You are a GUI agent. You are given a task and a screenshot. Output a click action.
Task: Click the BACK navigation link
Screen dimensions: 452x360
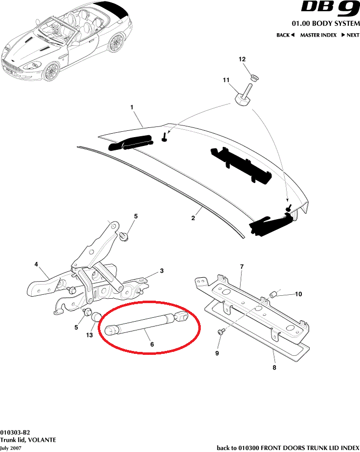(285, 35)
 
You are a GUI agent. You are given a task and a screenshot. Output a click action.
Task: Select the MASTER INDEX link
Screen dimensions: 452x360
(318, 35)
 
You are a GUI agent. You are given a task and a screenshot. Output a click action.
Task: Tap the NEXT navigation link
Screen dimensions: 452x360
(350, 35)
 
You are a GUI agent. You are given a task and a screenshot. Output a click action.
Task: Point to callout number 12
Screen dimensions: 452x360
(242, 59)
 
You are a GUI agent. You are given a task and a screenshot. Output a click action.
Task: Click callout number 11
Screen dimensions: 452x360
(226, 80)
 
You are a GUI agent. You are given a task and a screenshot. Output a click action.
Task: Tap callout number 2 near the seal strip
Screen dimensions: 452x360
(193, 218)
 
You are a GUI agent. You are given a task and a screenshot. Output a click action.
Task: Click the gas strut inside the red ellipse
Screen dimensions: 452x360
(147, 323)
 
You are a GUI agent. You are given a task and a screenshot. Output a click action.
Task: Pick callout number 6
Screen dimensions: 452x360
(152, 344)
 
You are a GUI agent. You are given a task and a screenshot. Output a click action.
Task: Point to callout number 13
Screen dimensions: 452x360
(89, 335)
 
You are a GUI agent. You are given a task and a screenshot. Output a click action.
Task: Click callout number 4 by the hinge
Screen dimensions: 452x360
(36, 265)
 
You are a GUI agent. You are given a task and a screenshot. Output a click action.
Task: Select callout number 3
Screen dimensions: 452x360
(162, 271)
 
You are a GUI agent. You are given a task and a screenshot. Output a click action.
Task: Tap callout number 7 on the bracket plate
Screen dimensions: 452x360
(241, 267)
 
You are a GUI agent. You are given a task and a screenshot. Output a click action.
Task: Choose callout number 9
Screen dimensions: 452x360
(217, 352)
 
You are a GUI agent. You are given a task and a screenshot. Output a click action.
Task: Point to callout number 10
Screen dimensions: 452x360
(298, 294)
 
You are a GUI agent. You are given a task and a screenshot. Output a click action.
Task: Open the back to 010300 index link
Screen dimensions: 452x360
(288, 448)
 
